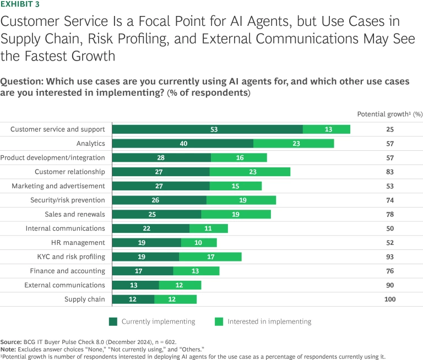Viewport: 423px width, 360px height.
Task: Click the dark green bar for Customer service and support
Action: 208,129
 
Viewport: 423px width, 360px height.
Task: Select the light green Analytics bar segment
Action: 294,144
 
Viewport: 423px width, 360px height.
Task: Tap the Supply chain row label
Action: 81,299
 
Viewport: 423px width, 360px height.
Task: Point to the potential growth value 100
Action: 389,299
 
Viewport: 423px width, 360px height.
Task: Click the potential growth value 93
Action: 389,257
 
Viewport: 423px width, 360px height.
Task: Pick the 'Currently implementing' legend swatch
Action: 113,321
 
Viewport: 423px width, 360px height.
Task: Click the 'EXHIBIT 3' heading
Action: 20,4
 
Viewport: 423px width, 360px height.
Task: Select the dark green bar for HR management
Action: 147,243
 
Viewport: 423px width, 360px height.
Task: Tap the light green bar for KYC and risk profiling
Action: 210,257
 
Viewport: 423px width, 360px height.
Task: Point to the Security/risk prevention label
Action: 70,200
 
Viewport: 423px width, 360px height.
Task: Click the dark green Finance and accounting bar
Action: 143,271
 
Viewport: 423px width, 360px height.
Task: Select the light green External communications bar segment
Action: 180,285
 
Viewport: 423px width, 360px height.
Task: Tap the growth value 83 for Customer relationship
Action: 389,172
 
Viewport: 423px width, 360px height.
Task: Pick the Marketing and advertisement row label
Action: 58,186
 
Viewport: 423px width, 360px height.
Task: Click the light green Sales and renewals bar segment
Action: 236,214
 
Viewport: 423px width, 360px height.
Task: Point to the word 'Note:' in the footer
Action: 9,349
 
